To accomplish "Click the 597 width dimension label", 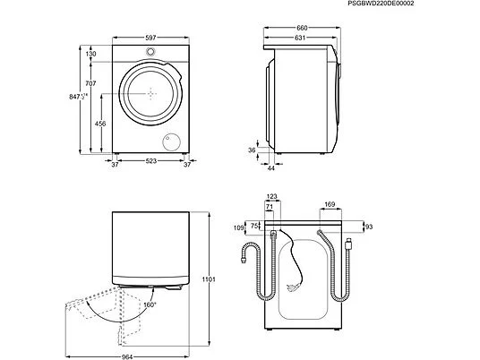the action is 150,38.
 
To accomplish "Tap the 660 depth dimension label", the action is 302,28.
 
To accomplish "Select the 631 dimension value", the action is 300,38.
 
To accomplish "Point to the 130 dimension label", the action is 91,54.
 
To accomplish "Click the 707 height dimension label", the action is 91,83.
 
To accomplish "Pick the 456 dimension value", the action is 100,124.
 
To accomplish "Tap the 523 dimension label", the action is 151,160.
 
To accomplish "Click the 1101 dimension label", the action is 209,279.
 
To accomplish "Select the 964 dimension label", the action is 127,356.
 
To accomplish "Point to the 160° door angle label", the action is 150,304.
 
